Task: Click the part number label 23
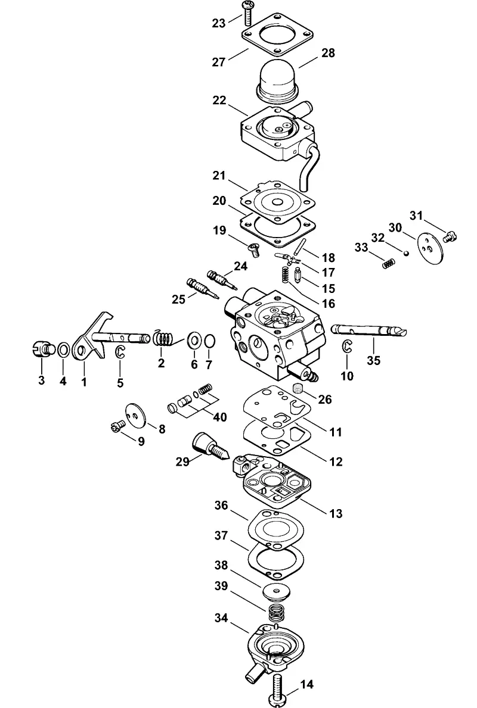pyautogui.click(x=219, y=23)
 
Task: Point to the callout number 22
pyautogui.click(x=219, y=100)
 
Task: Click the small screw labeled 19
pyautogui.click(x=253, y=248)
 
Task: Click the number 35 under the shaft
pyautogui.click(x=374, y=360)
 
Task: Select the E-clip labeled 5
pyautogui.click(x=120, y=352)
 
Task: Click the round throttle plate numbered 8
pyautogui.click(x=135, y=414)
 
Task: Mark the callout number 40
pyautogui.click(x=220, y=416)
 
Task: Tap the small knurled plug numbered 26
pyautogui.click(x=298, y=388)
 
